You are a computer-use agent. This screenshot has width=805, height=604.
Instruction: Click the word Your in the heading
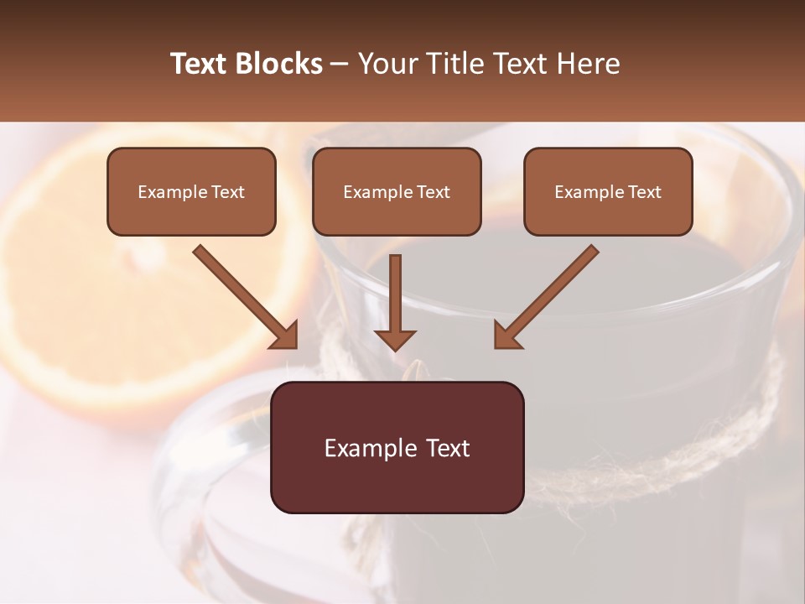(x=386, y=64)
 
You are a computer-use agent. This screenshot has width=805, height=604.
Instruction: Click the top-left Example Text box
(x=191, y=191)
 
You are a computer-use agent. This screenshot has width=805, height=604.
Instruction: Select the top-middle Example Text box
(x=397, y=191)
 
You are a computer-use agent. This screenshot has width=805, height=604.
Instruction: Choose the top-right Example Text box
(x=608, y=191)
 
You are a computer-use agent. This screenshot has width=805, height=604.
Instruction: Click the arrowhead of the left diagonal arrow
(x=285, y=336)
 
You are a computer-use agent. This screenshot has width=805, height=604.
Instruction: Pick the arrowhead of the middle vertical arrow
(x=395, y=339)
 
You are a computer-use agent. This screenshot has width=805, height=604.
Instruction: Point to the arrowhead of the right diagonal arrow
(x=506, y=336)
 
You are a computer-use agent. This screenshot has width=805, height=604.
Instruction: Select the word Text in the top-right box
(x=645, y=192)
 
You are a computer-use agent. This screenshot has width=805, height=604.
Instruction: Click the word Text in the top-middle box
(x=434, y=192)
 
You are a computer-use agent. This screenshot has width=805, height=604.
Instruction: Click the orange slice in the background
(x=92, y=319)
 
